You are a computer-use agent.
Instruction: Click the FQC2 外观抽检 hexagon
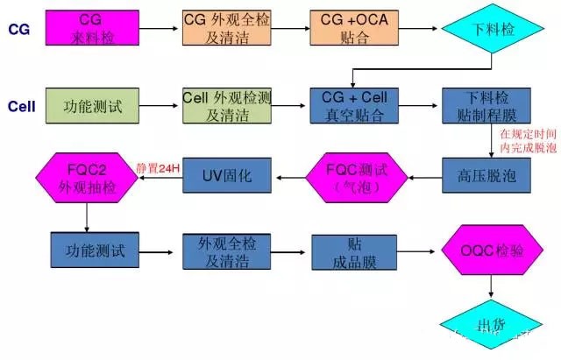(x=86, y=176)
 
